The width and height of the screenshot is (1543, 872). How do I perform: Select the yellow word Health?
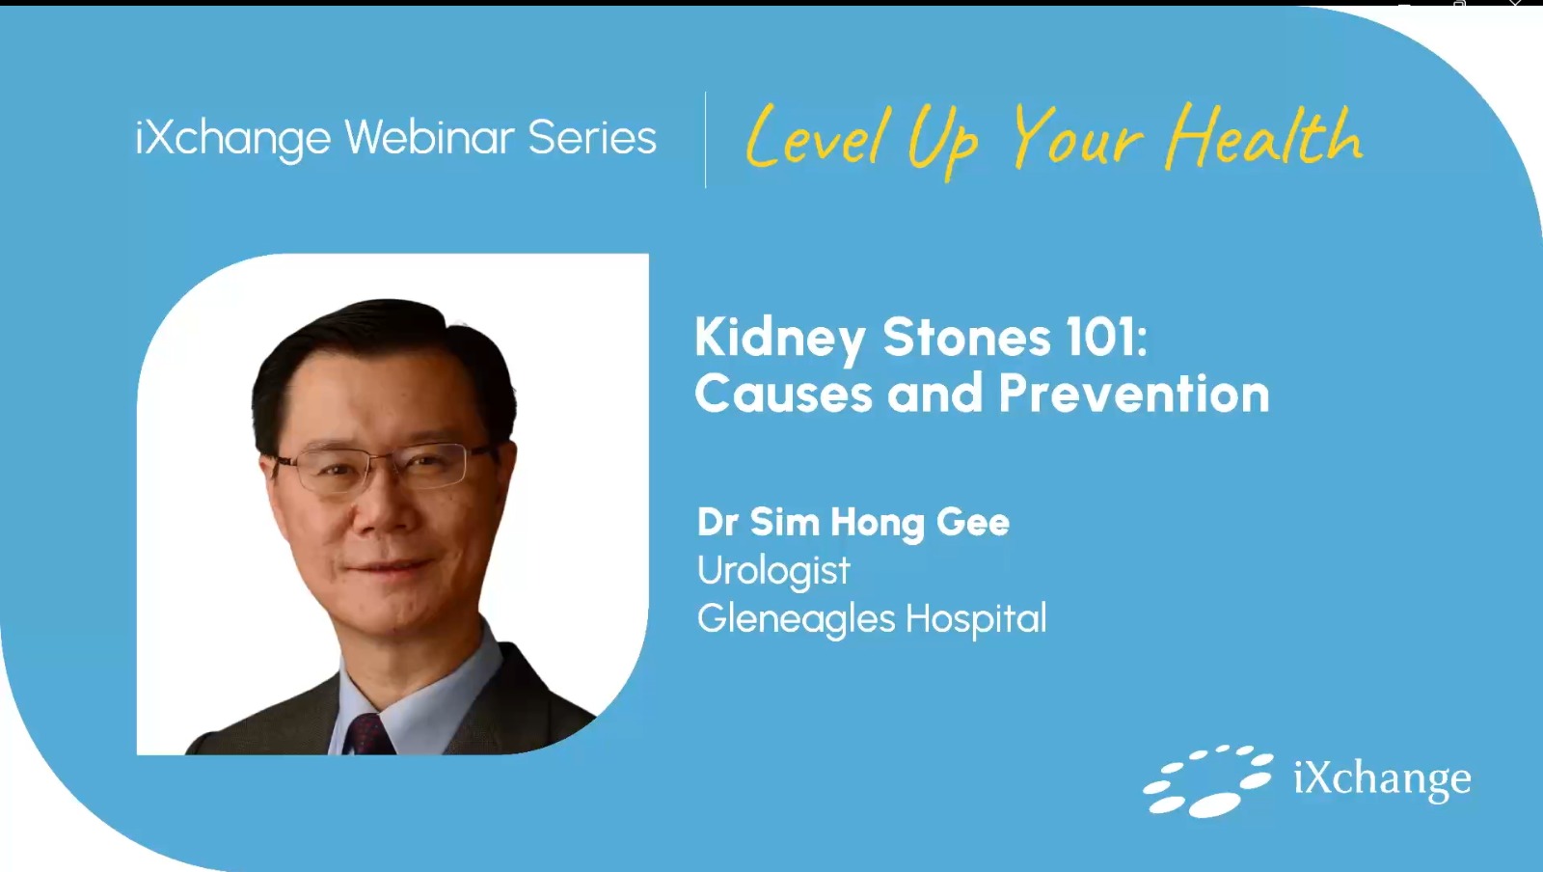tap(1264, 139)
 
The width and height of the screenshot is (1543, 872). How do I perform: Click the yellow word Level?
tap(814, 139)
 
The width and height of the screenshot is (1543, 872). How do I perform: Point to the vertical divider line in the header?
tap(705, 139)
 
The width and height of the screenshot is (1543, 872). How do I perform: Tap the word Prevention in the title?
tap(1134, 394)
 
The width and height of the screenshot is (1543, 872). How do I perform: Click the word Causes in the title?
tap(783, 394)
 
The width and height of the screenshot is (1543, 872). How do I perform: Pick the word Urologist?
tap(773, 571)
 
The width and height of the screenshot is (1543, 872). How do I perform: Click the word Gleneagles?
tap(796, 618)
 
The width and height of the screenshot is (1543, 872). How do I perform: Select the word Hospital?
tap(976, 618)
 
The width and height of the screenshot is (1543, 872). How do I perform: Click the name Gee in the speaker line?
tap(973, 522)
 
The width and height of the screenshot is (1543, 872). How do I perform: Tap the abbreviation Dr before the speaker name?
tap(717, 522)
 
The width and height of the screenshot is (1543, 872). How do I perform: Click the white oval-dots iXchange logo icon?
tap(1207, 780)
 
